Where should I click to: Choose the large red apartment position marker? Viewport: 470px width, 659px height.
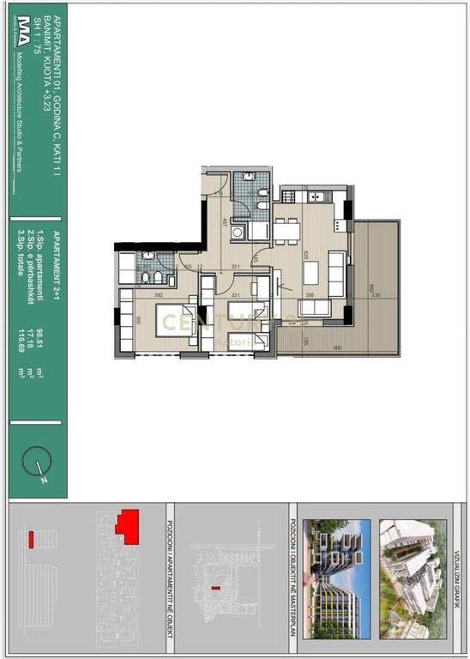pyautogui.click(x=129, y=525)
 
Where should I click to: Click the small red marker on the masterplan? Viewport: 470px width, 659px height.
pyautogui.click(x=215, y=588)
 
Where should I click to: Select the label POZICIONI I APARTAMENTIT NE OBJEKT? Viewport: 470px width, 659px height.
pyautogui.click(x=169, y=566)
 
